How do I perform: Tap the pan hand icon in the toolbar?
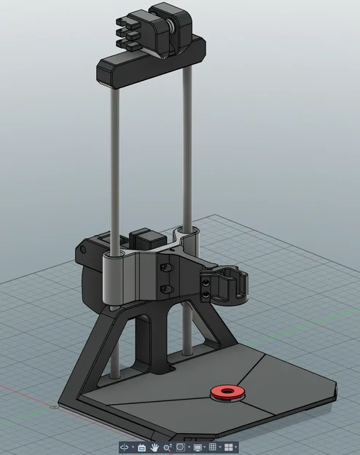pyautogui.click(x=154, y=446)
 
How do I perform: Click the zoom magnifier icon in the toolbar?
pyautogui.click(x=168, y=446)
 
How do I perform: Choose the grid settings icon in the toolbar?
pyautogui.click(x=212, y=446)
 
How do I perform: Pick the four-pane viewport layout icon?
pyautogui.click(x=229, y=446)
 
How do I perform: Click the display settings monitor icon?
pyautogui.click(x=197, y=446)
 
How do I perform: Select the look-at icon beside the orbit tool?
pyautogui.click(x=141, y=446)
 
